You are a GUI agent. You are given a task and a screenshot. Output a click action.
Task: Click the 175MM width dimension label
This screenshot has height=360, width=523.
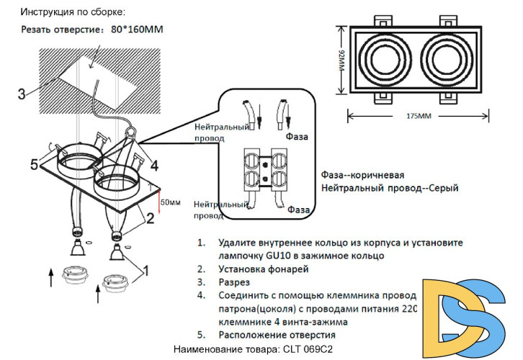click(x=419, y=116)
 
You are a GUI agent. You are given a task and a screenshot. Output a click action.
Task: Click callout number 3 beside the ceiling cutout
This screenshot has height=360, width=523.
click(x=22, y=94)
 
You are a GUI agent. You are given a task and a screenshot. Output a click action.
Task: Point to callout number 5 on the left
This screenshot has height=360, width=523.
click(x=34, y=165)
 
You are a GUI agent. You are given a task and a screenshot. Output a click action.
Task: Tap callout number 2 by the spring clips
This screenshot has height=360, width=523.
click(x=150, y=215)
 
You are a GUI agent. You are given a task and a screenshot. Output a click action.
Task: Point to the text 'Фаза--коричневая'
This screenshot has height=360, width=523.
click(x=362, y=175)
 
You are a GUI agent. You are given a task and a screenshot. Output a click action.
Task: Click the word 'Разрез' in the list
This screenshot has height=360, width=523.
click(x=235, y=282)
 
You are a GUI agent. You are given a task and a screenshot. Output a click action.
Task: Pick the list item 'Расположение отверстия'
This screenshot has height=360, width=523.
click(x=277, y=335)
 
